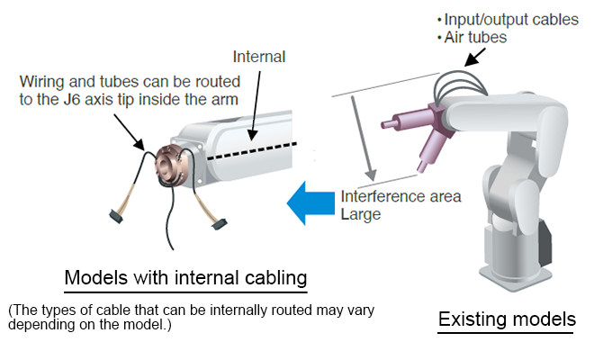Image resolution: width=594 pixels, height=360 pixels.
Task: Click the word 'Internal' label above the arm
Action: [x=259, y=57]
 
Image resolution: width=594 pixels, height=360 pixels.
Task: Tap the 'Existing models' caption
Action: [x=506, y=319]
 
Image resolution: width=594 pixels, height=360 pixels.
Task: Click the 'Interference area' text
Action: [x=400, y=197]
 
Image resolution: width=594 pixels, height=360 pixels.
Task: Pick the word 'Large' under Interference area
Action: [x=360, y=214]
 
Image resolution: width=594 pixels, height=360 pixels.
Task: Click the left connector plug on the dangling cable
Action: [x=118, y=215]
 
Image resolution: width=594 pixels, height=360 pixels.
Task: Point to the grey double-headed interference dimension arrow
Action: [x=359, y=136]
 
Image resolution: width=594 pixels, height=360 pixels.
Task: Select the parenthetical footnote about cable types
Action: [x=191, y=316]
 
